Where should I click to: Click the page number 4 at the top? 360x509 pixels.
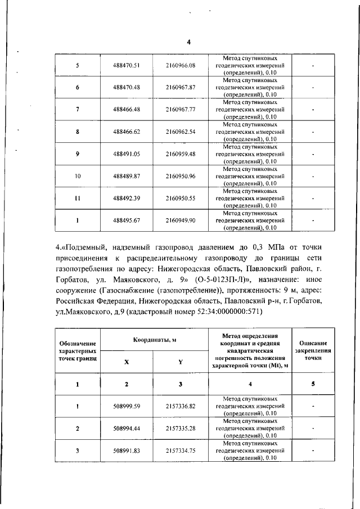[x=188, y=42]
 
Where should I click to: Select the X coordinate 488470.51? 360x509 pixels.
[x=126, y=66]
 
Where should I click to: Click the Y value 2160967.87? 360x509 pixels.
[x=181, y=88]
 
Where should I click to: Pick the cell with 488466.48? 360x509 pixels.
[x=126, y=110]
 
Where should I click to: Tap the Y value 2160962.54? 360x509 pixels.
[x=181, y=132]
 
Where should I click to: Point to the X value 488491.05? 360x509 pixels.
[x=126, y=154]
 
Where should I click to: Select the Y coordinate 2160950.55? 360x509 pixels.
[x=181, y=198]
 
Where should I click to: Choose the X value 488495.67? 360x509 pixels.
[x=126, y=220]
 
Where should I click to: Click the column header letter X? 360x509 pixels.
[x=126, y=362]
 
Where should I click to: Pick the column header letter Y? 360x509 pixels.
[x=180, y=362]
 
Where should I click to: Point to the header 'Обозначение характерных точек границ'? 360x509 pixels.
[x=77, y=351]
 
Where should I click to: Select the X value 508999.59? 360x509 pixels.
[x=126, y=406]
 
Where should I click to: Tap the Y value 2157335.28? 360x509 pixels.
[x=181, y=428]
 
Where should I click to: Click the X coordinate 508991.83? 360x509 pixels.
[x=126, y=450]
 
